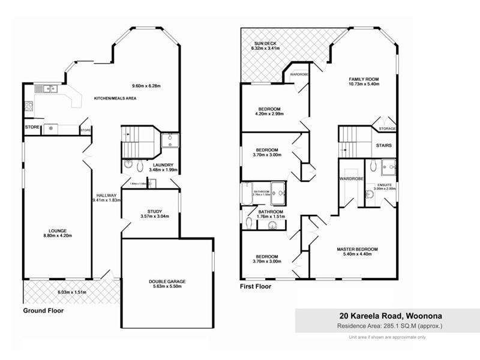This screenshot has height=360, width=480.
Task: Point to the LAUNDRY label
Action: (x=163, y=165)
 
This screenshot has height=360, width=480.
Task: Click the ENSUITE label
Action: (x=385, y=184)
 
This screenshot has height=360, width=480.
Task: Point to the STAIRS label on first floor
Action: (x=384, y=146)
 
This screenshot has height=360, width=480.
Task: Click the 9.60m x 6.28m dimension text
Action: (x=147, y=85)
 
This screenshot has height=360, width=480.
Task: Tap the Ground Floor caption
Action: (x=43, y=311)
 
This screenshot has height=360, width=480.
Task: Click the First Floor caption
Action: (x=256, y=287)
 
